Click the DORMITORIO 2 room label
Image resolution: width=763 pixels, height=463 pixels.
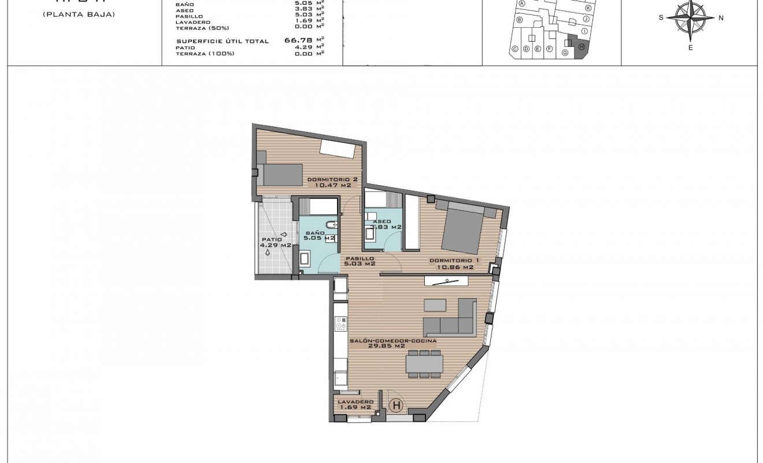click(332, 179)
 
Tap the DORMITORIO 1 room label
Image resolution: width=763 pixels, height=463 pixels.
click(451, 261)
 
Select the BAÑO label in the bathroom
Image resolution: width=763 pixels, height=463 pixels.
click(314, 233)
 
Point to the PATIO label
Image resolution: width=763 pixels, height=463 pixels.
click(271, 240)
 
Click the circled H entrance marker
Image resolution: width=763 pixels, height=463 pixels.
click(396, 406)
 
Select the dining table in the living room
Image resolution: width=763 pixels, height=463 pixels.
click(424, 363)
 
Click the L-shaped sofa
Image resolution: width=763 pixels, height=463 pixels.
click(451, 318)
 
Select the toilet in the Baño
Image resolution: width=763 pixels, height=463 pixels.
click(330, 225)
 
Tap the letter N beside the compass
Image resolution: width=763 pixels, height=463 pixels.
click(721, 18)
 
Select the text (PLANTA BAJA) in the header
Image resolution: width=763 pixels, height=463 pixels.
click(79, 14)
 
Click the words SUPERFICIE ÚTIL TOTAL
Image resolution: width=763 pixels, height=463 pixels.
click(223, 41)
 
